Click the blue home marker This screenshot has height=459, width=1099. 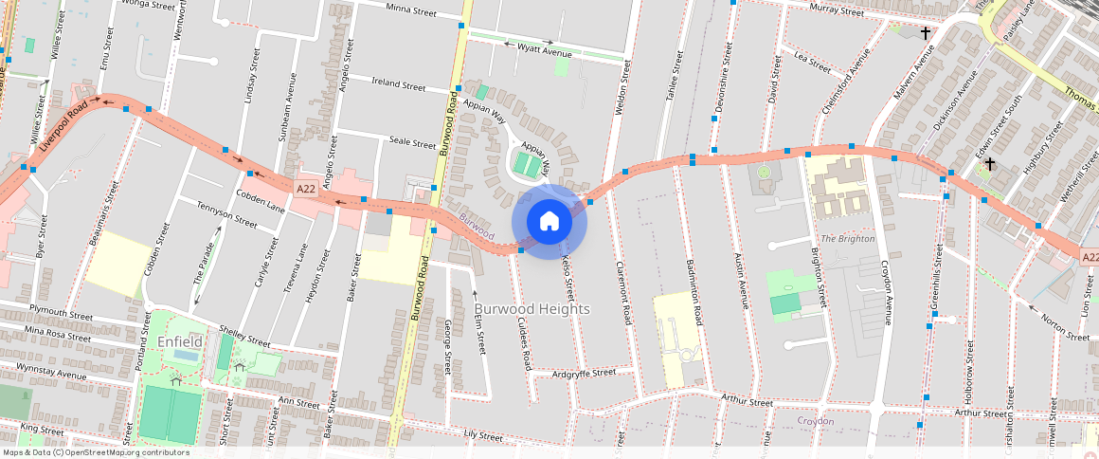(549, 222)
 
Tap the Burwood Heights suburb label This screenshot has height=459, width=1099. (531, 309)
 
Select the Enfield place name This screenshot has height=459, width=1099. (180, 340)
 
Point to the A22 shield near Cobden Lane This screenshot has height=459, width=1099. (305, 189)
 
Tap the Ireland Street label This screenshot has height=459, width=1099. (399, 84)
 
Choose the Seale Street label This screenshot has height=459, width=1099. (412, 141)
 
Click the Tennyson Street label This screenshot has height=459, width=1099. (226, 215)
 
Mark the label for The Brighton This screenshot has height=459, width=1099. (847, 238)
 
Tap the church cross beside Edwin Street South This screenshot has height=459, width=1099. (989, 164)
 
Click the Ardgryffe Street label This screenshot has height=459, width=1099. (584, 373)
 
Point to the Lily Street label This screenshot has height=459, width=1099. (483, 436)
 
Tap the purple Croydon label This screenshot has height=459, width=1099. (815, 420)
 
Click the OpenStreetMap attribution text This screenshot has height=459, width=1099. (96, 452)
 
